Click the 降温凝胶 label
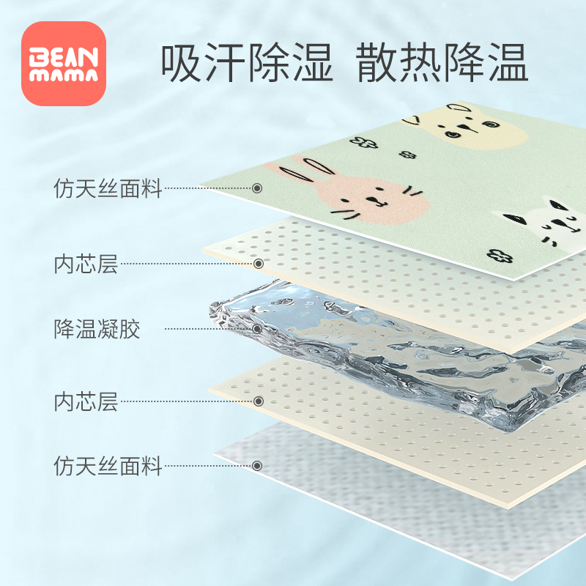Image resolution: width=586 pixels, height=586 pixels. pos(97,329)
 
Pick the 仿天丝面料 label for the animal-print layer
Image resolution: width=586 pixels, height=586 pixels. pos(108,188)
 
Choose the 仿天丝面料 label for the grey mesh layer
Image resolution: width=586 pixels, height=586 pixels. pos(108,465)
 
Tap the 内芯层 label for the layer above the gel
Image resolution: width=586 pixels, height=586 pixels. pos(86,263)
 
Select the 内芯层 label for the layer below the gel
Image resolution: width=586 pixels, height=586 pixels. pos(86,401)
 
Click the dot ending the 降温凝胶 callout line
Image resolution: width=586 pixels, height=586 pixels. pos(257,329)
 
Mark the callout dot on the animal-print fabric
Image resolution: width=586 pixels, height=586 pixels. pos(257,188)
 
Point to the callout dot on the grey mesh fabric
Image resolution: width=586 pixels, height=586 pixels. pos(257,465)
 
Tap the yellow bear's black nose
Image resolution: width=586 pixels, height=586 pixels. pos(458,132)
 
